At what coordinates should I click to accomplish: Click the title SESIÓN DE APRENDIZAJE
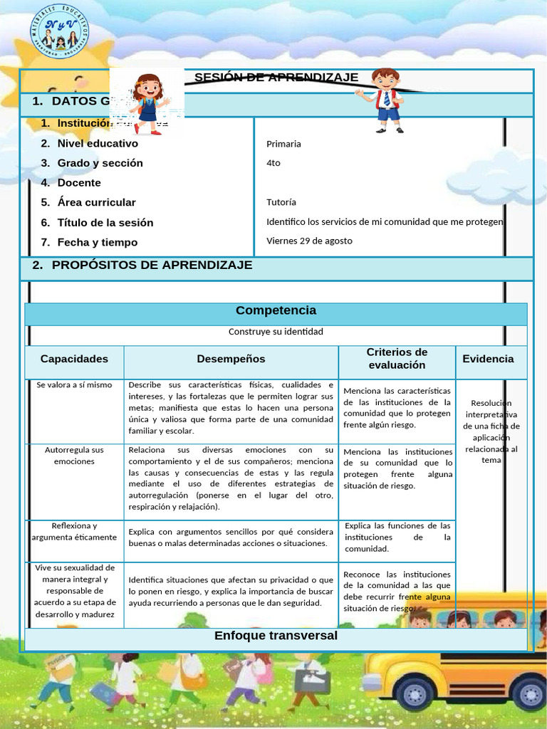click(276, 78)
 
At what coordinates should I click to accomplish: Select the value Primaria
click(283, 144)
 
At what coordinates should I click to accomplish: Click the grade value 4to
click(273, 163)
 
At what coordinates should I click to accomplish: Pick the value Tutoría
click(281, 202)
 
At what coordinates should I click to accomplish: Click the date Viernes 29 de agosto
click(309, 241)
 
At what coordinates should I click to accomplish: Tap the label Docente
click(79, 183)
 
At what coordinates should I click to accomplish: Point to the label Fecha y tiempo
click(98, 242)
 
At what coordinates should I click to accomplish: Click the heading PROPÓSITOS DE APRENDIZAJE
click(152, 266)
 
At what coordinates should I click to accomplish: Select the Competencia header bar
click(276, 311)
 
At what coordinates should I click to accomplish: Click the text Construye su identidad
click(276, 332)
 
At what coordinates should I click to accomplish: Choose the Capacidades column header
click(74, 359)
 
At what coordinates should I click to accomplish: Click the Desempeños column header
click(231, 359)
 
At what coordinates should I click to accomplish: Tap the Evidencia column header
click(488, 359)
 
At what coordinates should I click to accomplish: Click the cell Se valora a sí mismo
click(74, 385)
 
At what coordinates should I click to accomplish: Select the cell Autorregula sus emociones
click(74, 456)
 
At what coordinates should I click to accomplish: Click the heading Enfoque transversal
click(276, 636)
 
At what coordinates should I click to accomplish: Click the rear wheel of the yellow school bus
click(415, 692)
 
